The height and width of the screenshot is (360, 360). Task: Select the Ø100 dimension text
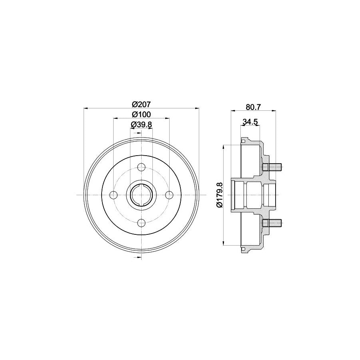click(x=142, y=114)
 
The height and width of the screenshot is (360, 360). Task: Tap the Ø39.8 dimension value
click(x=142, y=124)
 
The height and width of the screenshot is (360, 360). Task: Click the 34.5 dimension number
click(x=249, y=122)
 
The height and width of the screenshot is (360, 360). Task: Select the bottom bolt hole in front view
click(x=142, y=223)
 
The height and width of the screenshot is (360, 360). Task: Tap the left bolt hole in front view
click(x=114, y=195)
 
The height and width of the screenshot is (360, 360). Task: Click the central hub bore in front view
click(x=142, y=195)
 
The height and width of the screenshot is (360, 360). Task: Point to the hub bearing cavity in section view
click(x=254, y=195)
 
